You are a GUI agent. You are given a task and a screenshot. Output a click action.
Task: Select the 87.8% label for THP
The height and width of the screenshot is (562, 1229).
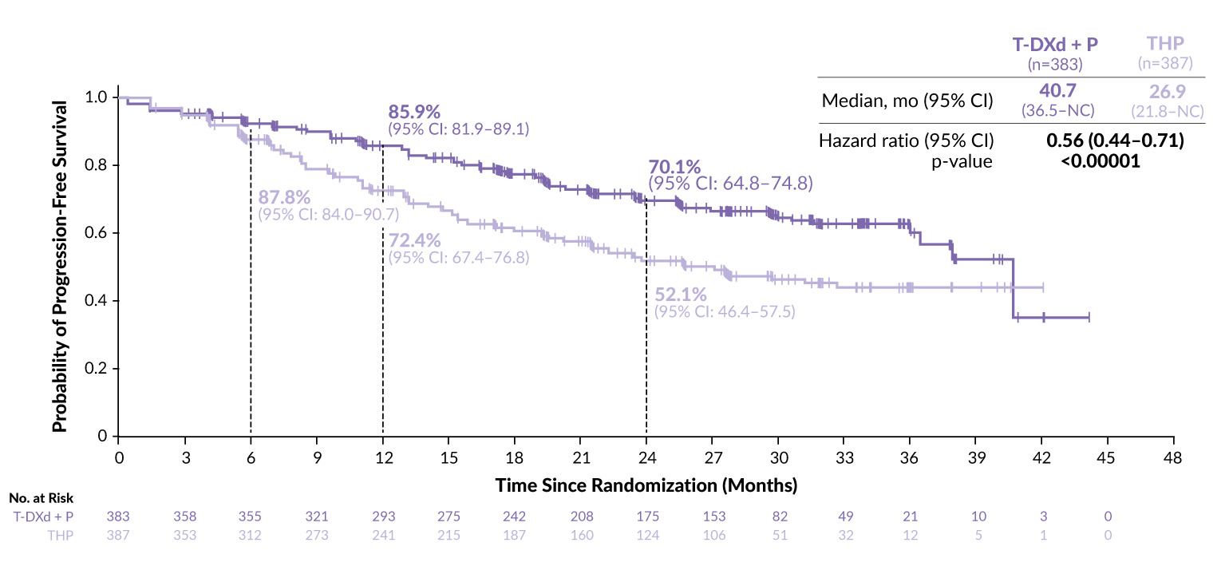coord(285,197)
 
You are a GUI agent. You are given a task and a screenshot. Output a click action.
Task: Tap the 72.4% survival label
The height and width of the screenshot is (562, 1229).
coord(415,240)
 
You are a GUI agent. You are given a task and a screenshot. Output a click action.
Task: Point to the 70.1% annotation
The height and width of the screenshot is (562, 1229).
coord(674,168)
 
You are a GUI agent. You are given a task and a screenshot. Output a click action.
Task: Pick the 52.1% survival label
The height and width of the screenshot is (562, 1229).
coord(680,295)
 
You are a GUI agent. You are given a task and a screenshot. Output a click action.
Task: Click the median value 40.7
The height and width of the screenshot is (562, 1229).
coord(1057,91)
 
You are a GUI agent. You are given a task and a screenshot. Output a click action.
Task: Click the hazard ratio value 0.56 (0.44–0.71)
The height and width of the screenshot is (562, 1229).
coord(1114,141)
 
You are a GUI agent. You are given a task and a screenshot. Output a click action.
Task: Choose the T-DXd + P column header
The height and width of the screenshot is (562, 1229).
coord(1057,46)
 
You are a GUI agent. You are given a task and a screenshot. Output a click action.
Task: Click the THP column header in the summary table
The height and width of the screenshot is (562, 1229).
coord(1171,46)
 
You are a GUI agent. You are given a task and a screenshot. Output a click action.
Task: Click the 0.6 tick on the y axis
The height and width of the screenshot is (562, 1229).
coord(97,233)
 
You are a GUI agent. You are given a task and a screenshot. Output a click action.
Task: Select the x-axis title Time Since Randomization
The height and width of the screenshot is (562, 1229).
coord(646,485)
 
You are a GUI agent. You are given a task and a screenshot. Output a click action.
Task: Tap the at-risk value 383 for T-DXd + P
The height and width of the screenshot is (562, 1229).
coord(119,516)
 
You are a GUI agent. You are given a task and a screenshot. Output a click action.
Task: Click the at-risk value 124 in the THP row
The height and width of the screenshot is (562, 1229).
coord(646,535)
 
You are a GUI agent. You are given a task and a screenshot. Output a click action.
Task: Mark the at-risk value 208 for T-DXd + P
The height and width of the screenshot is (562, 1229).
coord(580,516)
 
